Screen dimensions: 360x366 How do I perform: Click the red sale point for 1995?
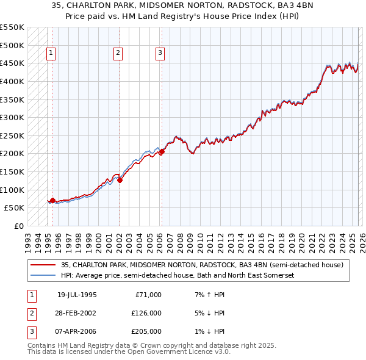pos(52,200)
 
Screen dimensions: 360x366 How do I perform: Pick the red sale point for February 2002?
pos(120,180)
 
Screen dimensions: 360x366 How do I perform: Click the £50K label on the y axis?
pos(14,207)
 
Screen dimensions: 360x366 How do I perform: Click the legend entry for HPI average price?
pos(178,276)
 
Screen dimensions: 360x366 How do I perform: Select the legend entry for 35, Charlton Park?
pos(202,265)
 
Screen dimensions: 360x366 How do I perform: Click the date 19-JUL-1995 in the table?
pos(77,295)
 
